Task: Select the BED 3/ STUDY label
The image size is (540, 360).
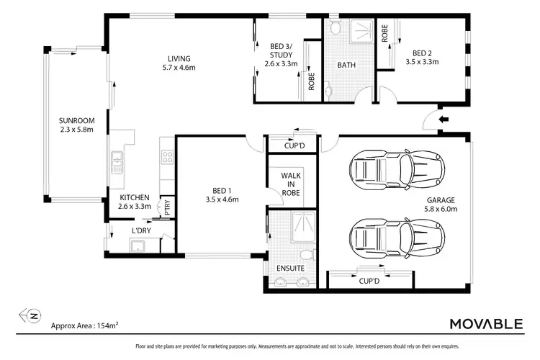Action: click(x=281, y=55)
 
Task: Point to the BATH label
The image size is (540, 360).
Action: click(x=347, y=66)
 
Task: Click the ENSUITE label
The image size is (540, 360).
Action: click(x=291, y=269)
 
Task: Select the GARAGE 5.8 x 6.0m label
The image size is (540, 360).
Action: click(x=441, y=205)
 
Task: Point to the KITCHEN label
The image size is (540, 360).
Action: click(x=134, y=202)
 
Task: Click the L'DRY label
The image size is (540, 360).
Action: click(x=140, y=230)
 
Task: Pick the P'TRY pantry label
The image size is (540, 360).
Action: click(x=167, y=207)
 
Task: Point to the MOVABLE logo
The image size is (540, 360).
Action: click(x=486, y=325)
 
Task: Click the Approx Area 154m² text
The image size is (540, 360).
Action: click(x=84, y=325)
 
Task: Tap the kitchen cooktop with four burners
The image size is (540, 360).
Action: click(x=167, y=158)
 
